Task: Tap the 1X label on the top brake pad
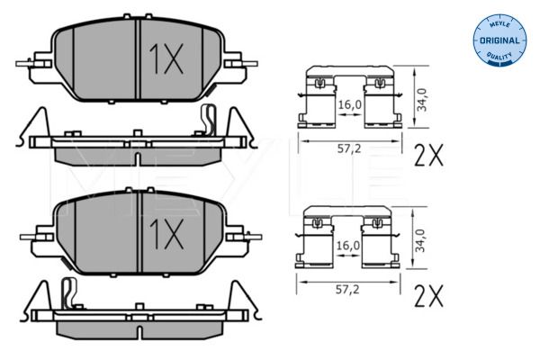tap(165, 60)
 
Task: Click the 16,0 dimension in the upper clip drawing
tap(348, 105)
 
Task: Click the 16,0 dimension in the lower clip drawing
tap(348, 245)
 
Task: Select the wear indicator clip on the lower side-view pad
tap(67, 292)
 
